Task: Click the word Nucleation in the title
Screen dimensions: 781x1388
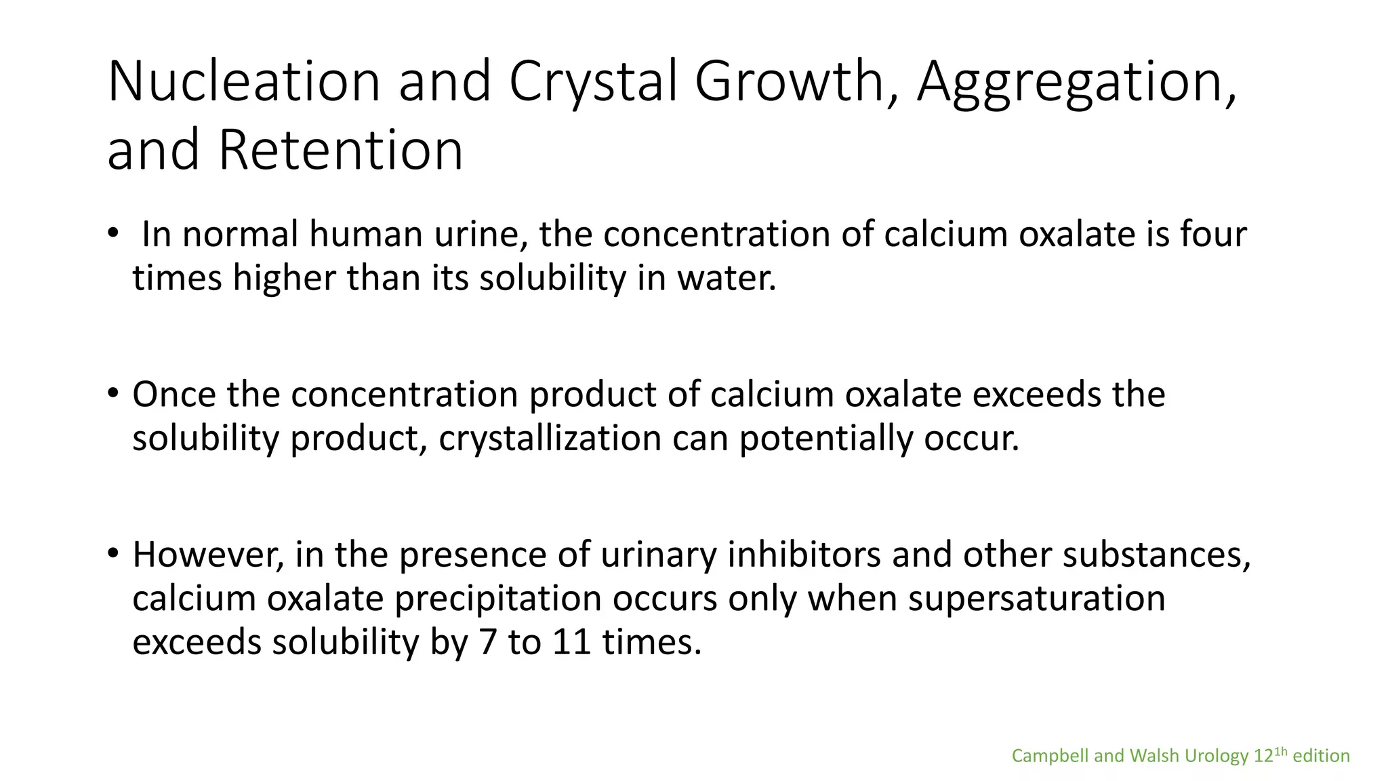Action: pyautogui.click(x=243, y=81)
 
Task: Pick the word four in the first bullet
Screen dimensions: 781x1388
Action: pyautogui.click(x=1213, y=235)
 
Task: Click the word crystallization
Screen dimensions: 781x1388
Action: pyautogui.click(x=550, y=439)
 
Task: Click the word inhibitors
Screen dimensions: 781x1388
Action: pyautogui.click(x=803, y=555)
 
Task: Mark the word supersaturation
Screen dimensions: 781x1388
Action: pyautogui.click(x=1036, y=599)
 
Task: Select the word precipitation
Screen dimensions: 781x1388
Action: pyautogui.click(x=498, y=599)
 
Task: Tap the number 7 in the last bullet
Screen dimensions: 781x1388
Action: pyautogui.click(x=488, y=642)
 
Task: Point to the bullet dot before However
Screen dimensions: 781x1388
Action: pyautogui.click(x=113, y=553)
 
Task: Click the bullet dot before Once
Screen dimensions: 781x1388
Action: pyautogui.click(x=113, y=393)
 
